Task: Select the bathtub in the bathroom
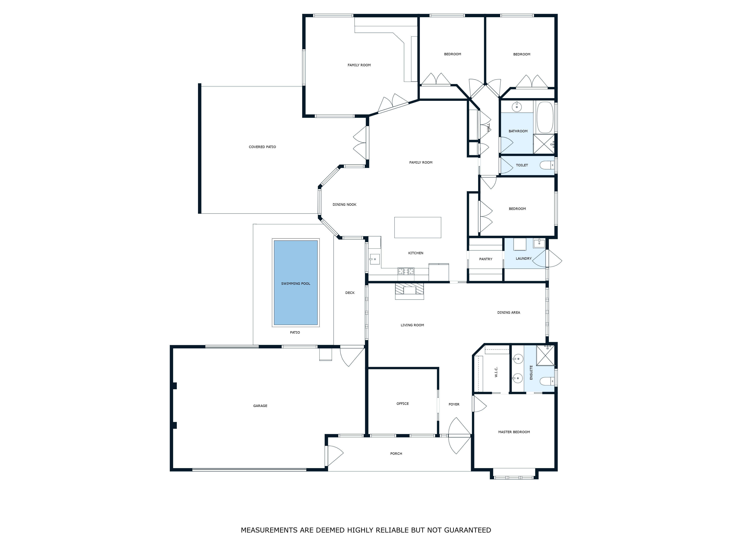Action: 545,117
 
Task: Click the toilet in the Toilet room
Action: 547,165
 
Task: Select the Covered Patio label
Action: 262,147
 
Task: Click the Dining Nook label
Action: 344,205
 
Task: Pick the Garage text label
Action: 260,406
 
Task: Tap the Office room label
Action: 402,403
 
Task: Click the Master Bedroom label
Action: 514,432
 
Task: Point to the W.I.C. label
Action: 496,372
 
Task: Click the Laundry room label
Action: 524,258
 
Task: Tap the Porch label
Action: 396,453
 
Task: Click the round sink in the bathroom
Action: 517,107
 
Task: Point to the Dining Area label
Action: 509,312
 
